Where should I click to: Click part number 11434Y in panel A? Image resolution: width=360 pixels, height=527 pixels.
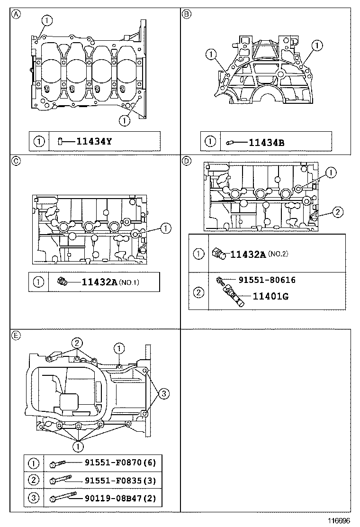[95, 141]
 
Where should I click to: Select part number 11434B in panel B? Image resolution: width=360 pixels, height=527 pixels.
[267, 141]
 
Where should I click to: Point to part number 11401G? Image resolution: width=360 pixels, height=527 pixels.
[270, 297]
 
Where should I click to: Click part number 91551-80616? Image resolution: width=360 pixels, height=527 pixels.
[267, 280]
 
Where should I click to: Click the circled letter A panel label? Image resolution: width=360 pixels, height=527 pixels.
[16, 14]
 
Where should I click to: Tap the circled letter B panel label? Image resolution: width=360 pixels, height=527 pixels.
[187, 14]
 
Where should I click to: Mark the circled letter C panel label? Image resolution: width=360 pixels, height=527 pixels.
[16, 161]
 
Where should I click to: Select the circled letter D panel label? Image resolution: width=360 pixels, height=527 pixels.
[187, 161]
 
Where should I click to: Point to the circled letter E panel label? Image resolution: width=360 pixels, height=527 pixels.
[16, 335]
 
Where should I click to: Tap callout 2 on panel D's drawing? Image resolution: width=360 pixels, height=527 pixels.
[336, 212]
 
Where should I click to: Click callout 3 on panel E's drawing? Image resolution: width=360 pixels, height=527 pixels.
[162, 393]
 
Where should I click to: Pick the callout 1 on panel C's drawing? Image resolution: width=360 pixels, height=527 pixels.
[165, 228]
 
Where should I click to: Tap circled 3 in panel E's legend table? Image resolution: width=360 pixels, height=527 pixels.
[34, 499]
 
